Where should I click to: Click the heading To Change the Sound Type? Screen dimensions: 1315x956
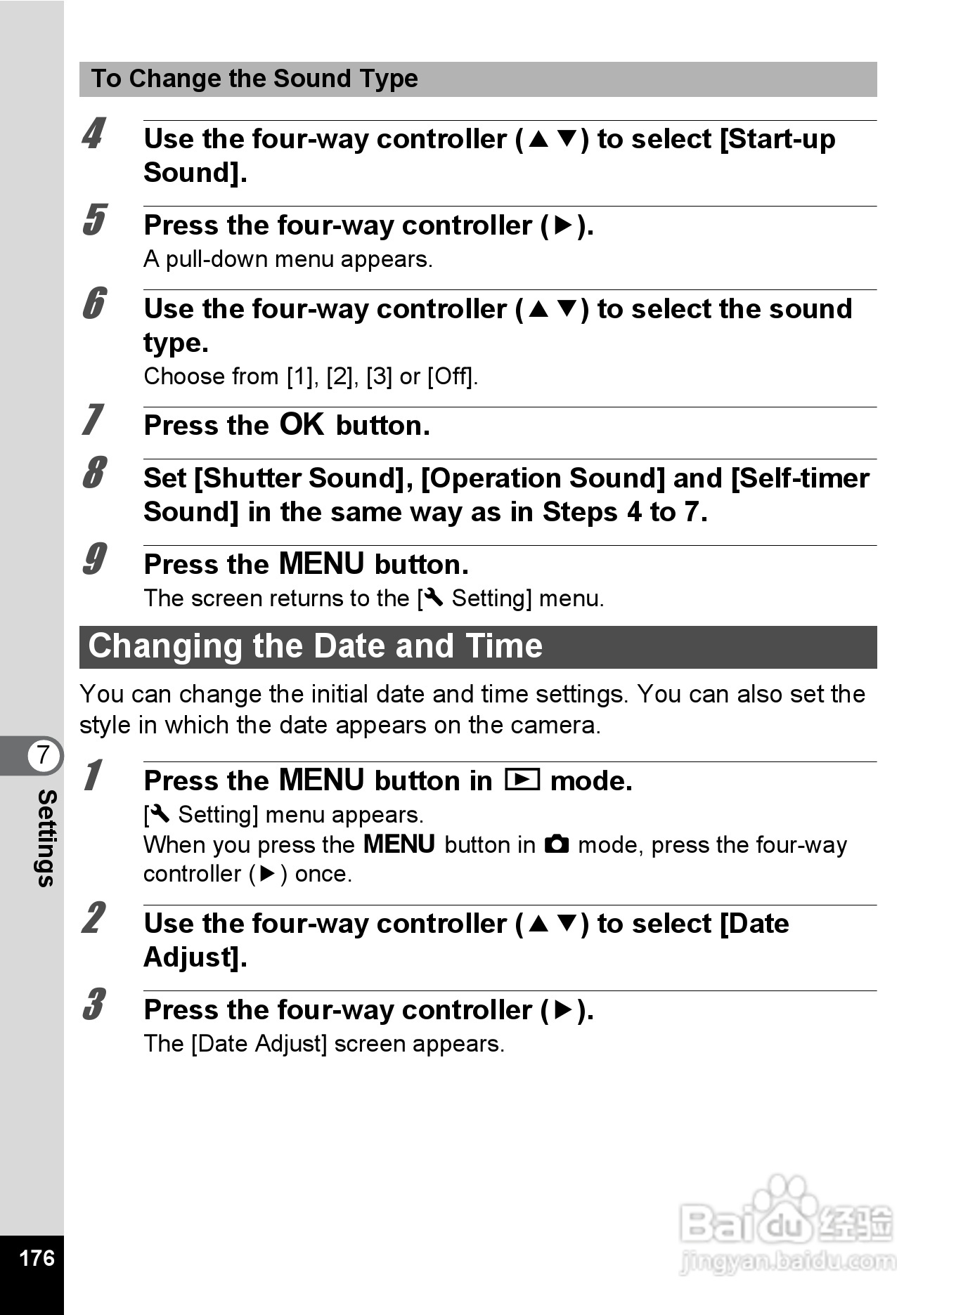click(x=254, y=79)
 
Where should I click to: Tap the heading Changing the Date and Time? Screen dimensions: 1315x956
click(x=315, y=646)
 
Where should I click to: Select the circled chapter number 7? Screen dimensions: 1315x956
click(x=44, y=755)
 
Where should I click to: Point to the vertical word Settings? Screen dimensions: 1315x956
click(x=46, y=837)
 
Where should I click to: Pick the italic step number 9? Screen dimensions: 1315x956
click(x=93, y=559)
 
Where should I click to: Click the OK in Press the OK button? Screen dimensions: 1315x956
click(x=302, y=425)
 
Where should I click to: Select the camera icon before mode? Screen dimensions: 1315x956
click(x=557, y=844)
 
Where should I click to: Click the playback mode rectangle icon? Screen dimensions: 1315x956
click(x=522, y=780)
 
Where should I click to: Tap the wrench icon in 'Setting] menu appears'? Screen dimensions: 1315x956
click(x=160, y=814)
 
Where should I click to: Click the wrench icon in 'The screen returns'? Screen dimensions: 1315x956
click(x=433, y=598)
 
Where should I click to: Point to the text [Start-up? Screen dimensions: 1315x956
click(x=778, y=139)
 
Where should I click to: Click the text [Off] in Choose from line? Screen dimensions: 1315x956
click(x=451, y=377)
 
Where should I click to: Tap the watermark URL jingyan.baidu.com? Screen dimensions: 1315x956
click(x=788, y=1262)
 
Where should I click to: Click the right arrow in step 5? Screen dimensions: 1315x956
click(x=564, y=225)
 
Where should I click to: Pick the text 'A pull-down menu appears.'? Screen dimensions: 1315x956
click(x=288, y=259)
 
